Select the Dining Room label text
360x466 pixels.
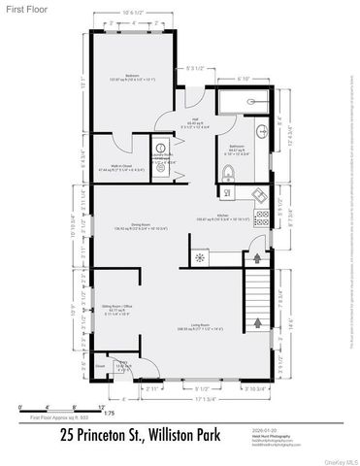click(128, 225)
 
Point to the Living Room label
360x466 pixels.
click(202, 328)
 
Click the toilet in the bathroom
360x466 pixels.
click(227, 174)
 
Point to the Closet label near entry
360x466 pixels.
click(100, 368)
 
